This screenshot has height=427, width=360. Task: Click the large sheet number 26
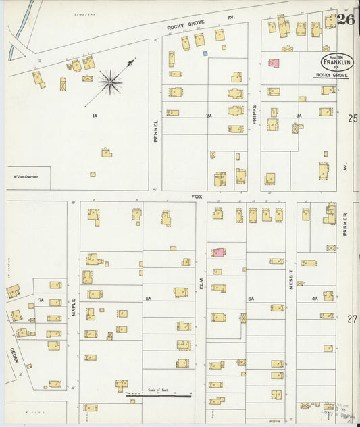[x=345, y=19]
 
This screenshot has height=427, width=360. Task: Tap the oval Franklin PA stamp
[x=336, y=63]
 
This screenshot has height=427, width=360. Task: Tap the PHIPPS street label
[x=254, y=115]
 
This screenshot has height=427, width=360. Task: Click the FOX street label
[x=197, y=196]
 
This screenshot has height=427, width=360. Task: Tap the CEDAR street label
[x=14, y=355]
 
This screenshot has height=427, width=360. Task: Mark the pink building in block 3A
[x=274, y=63]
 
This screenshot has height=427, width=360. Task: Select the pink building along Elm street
[x=219, y=252]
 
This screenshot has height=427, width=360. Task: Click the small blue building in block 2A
[x=205, y=53]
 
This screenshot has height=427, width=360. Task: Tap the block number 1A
[x=95, y=116]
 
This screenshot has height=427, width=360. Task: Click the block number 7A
[x=41, y=299]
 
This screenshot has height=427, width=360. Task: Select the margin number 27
[x=352, y=319]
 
